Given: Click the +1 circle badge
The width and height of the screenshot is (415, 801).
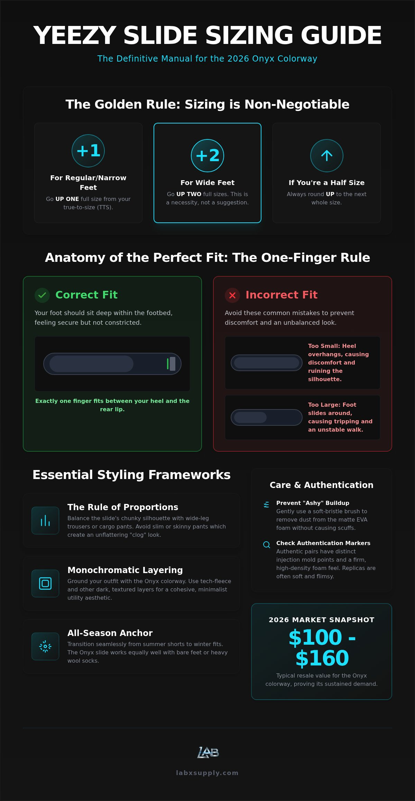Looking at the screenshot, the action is (x=88, y=151).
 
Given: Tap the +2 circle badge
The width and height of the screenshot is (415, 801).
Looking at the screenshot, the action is (x=207, y=156).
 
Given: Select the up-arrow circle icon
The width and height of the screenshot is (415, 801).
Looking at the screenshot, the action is (x=327, y=156).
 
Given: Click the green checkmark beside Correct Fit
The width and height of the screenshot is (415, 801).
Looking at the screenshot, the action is (x=42, y=295).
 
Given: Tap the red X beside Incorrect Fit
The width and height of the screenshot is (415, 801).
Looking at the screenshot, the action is (x=232, y=295).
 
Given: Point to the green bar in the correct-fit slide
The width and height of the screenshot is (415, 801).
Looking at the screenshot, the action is (x=168, y=364).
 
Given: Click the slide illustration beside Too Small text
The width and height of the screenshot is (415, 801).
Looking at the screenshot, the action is (x=267, y=363).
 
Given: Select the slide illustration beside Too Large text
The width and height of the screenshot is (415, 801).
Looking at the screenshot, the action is (x=267, y=417).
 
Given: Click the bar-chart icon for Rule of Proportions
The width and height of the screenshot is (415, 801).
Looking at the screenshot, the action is (x=45, y=521).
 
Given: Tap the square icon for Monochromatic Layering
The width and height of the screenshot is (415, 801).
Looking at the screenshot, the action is (x=45, y=583).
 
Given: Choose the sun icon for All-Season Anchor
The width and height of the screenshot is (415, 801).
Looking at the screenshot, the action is (x=45, y=646).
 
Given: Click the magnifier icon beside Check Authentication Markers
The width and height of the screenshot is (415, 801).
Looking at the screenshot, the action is (x=267, y=545).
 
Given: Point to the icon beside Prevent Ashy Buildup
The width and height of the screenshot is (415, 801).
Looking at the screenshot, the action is (x=266, y=505).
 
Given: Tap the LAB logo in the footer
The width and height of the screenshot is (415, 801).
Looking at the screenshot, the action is (x=208, y=752).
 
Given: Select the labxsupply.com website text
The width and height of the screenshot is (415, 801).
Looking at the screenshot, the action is (x=207, y=773).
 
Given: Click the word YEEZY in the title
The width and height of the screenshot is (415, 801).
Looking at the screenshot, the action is (x=75, y=35).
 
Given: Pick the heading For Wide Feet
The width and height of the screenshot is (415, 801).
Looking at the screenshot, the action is (x=207, y=183).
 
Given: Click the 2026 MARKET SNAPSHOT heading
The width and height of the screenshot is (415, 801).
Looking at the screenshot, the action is (x=322, y=620).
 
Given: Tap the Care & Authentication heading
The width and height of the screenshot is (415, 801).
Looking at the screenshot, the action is (x=322, y=485).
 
